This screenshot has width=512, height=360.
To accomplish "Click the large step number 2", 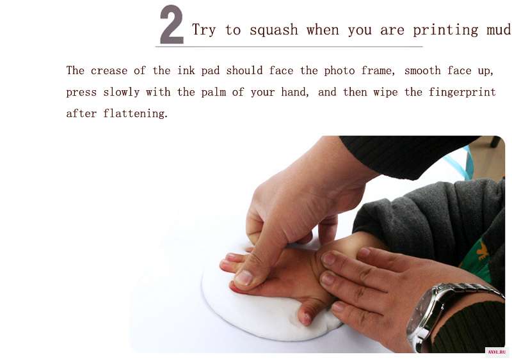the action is pos(172,25).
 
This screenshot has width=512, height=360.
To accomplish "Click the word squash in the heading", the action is pos(274,30).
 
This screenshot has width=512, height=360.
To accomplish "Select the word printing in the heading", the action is pos(445,30).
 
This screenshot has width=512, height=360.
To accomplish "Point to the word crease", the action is pos(109,71).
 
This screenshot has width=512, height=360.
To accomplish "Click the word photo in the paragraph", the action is pos(339,71).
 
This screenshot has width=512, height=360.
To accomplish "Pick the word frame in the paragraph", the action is pos(378,71).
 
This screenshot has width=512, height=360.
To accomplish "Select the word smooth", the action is pos(422,70).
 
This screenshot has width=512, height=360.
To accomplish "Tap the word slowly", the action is pos(122,92).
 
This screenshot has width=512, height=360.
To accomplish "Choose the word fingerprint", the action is pos(462,92).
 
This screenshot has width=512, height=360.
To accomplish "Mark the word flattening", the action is pos(135,114).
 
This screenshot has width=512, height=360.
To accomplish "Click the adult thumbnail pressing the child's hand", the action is pos(244,278).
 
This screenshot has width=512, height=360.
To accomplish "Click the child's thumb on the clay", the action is pos(308,311).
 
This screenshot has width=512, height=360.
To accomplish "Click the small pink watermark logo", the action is pos(497,352).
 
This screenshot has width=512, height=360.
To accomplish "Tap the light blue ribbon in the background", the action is pos(460,162).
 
